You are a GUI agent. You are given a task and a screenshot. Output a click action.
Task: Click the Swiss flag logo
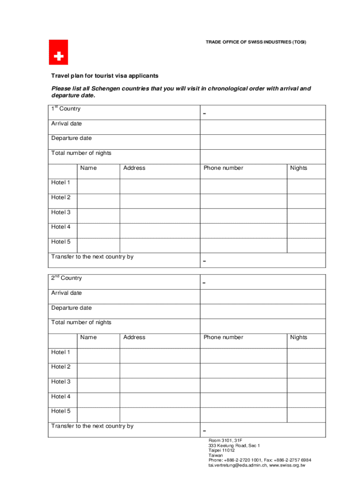tap(58, 52)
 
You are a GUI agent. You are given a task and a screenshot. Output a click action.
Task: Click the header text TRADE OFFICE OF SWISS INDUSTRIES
tap(256, 43)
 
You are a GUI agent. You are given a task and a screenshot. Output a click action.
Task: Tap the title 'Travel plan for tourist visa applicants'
tap(105, 76)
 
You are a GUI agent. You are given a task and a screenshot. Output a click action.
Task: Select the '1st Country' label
tap(66, 109)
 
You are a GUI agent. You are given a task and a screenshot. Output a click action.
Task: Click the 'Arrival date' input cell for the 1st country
tap(263, 127)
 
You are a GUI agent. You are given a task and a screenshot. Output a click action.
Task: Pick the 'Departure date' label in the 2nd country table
tap(72, 308)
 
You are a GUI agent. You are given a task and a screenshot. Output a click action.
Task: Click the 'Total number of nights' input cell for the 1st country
tap(263, 157)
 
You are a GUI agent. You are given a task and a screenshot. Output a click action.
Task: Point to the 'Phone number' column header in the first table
tap(223, 168)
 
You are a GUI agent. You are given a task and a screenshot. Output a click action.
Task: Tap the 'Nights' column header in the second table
tap(298, 337)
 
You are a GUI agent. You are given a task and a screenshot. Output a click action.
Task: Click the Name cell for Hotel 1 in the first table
tap(98, 186)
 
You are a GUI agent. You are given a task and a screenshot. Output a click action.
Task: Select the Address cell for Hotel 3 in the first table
tap(160, 216)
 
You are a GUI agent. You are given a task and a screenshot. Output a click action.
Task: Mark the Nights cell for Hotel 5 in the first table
tap(306, 246)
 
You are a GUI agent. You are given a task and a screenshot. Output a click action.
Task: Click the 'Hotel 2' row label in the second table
tap(61, 367)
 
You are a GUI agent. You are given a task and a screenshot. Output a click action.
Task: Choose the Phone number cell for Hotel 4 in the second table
tap(243, 400)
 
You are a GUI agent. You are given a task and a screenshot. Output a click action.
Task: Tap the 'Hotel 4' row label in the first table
tap(61, 227)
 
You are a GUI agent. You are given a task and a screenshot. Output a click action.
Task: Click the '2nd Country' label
tap(66, 278)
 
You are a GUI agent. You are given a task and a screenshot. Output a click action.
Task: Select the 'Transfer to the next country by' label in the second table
tap(92, 426)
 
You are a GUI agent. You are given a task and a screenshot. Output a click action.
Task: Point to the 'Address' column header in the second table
tap(134, 337)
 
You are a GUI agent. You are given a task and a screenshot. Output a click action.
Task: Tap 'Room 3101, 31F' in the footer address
tap(225, 441)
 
